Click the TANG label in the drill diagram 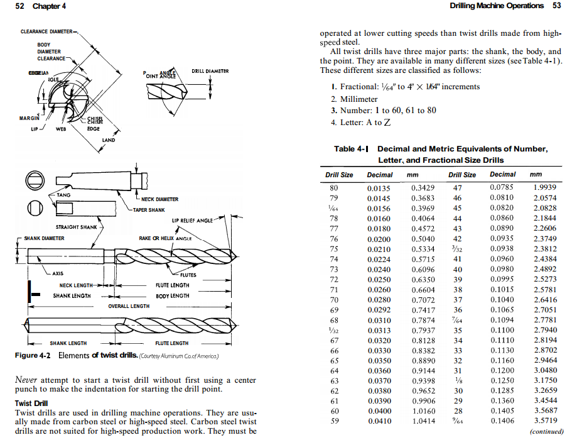pyautogui.click(x=63, y=195)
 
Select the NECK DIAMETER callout pyautogui.click(x=159, y=199)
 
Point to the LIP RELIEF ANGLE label pyautogui.click(x=192, y=221)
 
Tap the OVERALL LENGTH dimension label pyautogui.click(x=129, y=306)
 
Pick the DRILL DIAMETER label pyautogui.click(x=210, y=71)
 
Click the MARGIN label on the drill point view pyautogui.click(x=29, y=118)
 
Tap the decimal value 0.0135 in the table pyautogui.click(x=379, y=187)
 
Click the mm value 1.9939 pyautogui.click(x=544, y=187)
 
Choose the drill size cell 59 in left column pyautogui.click(x=334, y=420)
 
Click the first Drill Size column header pyautogui.click(x=339, y=175)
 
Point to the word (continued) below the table pyautogui.click(x=546, y=432)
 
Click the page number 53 pyautogui.click(x=556, y=6)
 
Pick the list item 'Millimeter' pyautogui.click(x=359, y=99)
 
